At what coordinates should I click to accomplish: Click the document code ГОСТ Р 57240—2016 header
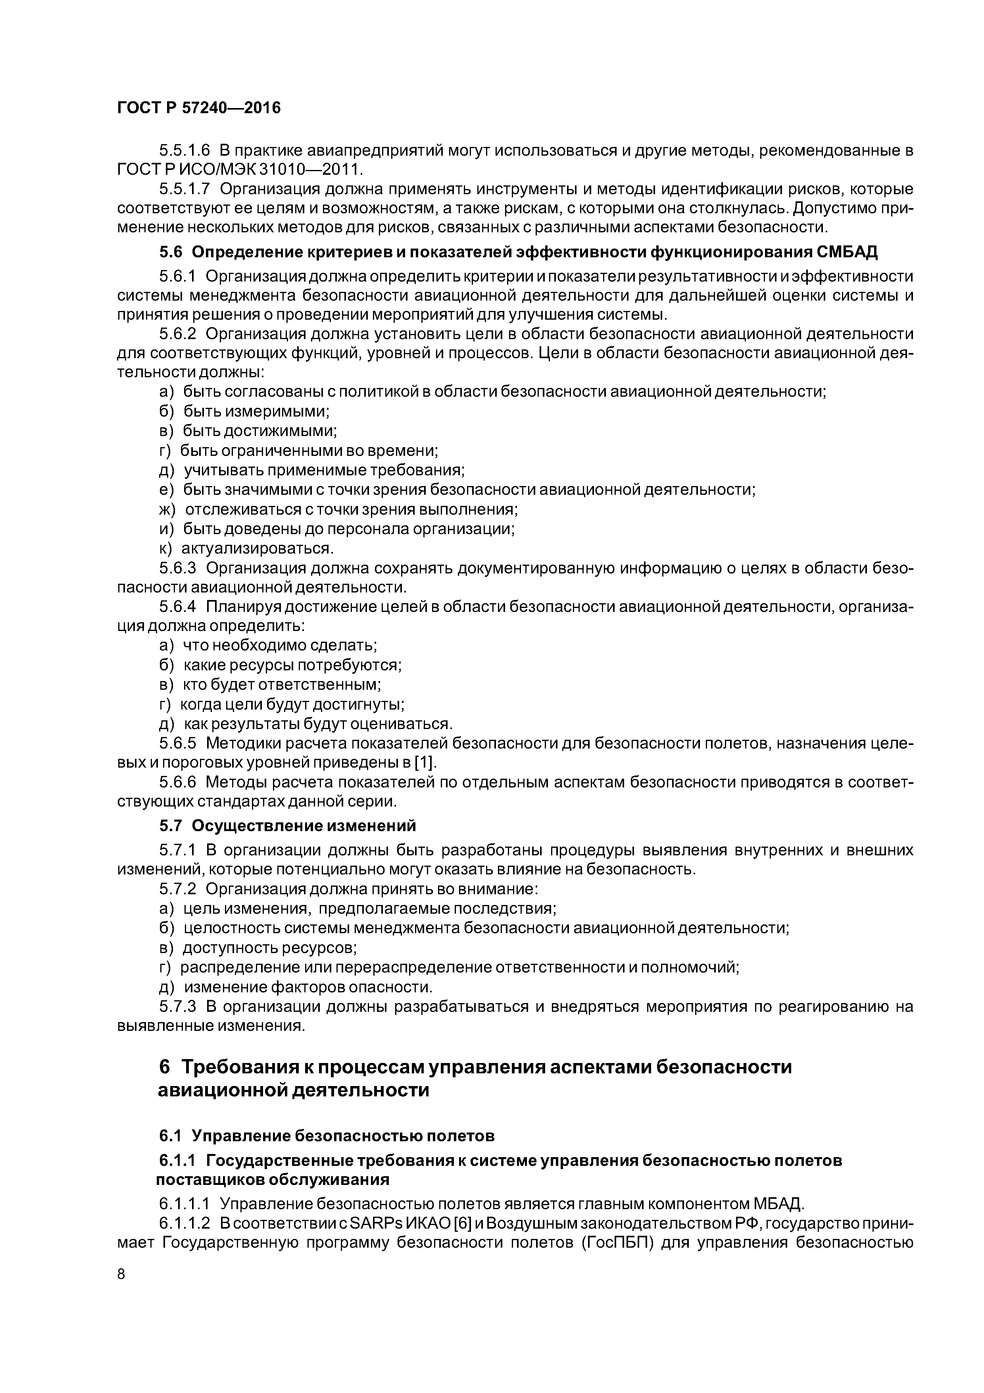pyautogui.click(x=199, y=107)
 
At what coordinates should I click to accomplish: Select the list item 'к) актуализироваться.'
pyautogui.click(x=246, y=548)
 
